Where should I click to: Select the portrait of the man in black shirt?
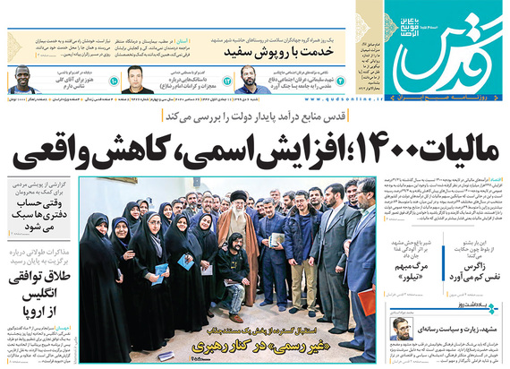coord(137,78)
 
